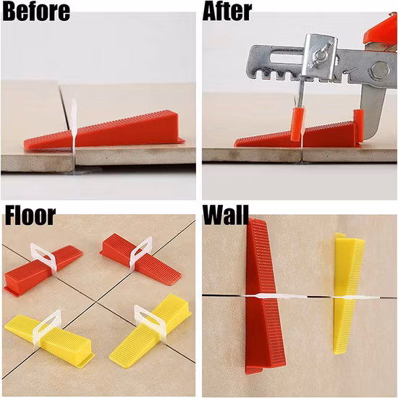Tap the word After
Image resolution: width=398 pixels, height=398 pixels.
228,12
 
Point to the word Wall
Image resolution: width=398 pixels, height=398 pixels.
226,215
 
